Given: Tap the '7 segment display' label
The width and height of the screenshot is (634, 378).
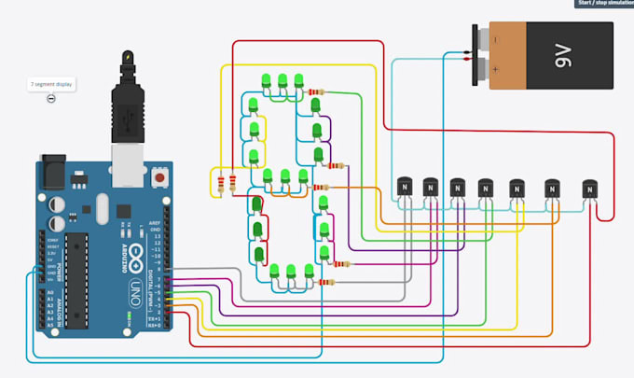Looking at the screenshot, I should pos(51,84).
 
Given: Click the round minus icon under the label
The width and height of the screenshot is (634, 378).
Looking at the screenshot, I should pos(51,99).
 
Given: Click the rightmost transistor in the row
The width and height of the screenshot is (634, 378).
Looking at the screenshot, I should pos(589,189).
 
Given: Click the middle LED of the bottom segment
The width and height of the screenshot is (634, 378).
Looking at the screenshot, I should pos(290,273).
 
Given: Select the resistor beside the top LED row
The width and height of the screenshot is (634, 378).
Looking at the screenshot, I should pos(317,92).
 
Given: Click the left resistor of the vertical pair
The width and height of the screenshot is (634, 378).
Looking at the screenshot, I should pos(220,183).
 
